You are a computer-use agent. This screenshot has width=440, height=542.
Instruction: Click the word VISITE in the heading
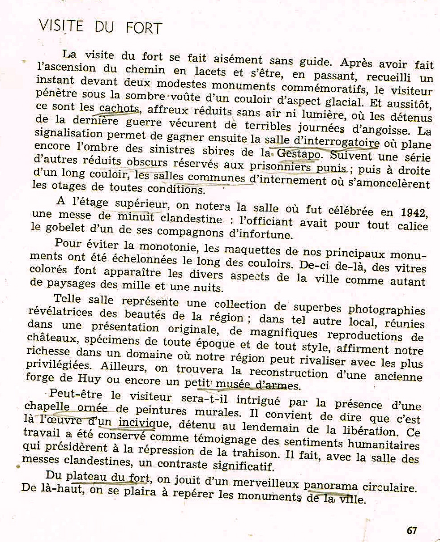(61, 25)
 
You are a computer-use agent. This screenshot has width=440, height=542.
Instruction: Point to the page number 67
(412, 530)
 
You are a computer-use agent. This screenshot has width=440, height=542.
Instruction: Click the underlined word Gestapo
(299, 154)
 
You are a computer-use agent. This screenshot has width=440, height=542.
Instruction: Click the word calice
(413, 226)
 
